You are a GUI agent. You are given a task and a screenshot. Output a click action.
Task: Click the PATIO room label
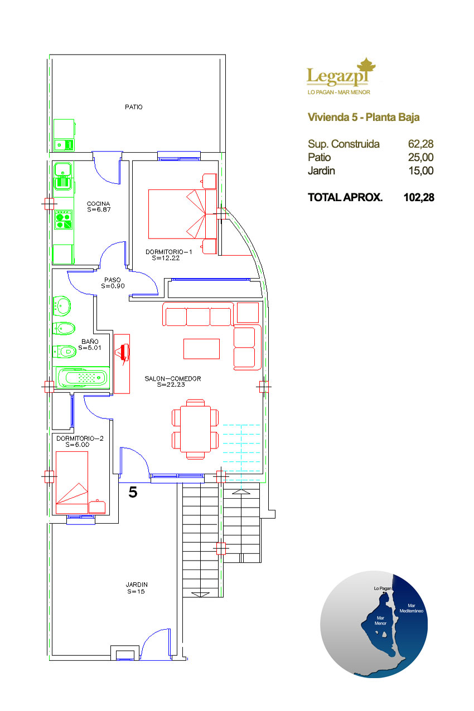133,107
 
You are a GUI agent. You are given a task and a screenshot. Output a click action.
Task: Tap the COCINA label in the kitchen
98,203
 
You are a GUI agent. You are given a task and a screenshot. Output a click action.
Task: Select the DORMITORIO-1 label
168,252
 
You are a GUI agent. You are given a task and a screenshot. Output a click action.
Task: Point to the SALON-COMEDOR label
172,378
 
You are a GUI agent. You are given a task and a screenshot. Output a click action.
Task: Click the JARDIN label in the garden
136,585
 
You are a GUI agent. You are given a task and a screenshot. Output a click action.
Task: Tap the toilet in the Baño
64,352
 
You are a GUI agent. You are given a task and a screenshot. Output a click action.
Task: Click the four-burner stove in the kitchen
63,220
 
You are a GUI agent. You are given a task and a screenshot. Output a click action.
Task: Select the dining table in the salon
195,429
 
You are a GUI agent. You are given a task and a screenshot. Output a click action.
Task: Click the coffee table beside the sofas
201,349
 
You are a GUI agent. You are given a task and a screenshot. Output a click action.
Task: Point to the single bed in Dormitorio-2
72,483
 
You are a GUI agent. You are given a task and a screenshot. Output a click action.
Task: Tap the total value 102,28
419,197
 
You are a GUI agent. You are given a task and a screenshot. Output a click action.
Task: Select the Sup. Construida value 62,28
420,144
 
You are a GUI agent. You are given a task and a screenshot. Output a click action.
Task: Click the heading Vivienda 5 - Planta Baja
364,118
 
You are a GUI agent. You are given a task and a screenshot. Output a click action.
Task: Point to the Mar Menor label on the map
380,621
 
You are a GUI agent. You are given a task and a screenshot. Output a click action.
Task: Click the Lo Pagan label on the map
382,588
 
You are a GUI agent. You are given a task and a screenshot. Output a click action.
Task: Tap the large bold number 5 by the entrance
133,493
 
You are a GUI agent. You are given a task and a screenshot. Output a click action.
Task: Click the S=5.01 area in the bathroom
90,348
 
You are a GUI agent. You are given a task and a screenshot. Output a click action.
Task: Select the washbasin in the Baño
62,306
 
